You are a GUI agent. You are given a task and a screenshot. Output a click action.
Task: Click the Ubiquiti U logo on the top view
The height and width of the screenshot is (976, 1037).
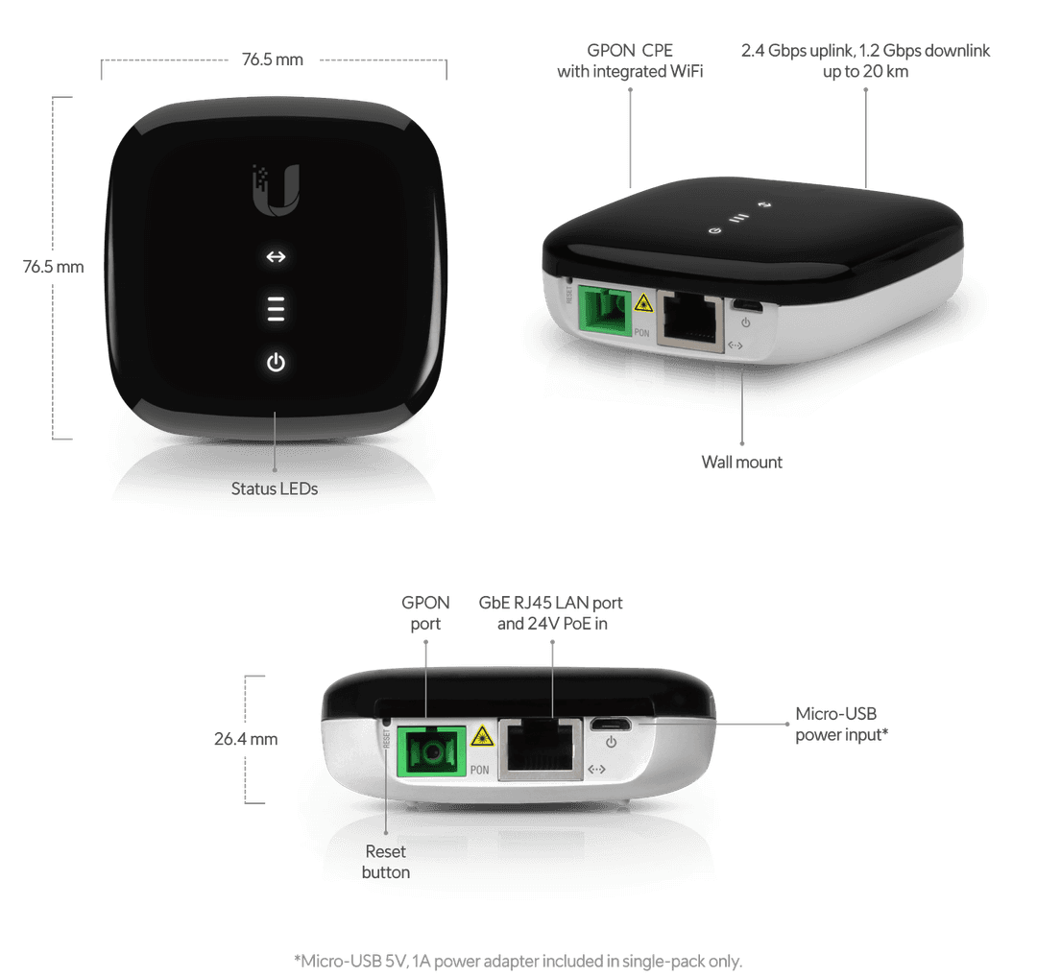tap(276, 188)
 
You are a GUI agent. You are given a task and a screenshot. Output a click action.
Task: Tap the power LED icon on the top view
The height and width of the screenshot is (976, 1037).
tap(276, 363)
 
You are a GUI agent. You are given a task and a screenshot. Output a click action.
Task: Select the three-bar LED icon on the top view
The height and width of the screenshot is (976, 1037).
tap(276, 309)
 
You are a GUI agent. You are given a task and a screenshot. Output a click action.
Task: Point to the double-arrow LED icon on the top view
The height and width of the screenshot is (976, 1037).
tap(276, 257)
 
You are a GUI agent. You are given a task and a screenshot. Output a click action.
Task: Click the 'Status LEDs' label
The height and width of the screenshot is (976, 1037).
tap(275, 488)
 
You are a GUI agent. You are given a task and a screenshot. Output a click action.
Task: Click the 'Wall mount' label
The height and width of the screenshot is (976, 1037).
tap(741, 462)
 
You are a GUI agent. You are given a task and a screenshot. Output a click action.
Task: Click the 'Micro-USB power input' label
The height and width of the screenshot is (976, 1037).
tap(841, 726)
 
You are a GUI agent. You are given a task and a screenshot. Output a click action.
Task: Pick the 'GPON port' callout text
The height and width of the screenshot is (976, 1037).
tap(426, 613)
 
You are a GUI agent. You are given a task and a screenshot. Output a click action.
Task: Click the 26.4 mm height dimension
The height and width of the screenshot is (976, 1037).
tap(247, 739)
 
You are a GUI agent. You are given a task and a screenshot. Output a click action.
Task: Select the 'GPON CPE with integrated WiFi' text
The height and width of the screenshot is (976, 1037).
tap(630, 60)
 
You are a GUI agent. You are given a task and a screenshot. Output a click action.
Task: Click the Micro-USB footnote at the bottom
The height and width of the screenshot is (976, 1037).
tap(518, 960)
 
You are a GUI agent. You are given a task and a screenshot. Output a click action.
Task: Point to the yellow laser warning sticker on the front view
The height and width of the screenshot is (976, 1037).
tap(480, 737)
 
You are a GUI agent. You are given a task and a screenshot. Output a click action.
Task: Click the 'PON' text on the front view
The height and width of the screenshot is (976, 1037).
tap(481, 770)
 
